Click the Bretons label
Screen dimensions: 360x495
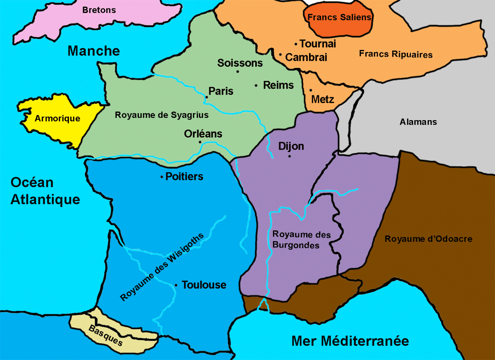[x=99, y=10]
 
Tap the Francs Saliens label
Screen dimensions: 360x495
[x=339, y=17]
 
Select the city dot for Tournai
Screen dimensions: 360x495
[x=296, y=44]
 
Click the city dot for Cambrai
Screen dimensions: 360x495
[x=280, y=55]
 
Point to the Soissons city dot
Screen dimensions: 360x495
[x=238, y=71]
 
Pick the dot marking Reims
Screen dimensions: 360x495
[x=256, y=86]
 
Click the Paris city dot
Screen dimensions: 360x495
[x=207, y=97]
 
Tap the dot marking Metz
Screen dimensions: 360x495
[x=311, y=90]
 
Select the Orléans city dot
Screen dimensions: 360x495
[x=200, y=142]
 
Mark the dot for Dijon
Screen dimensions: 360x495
[x=289, y=156]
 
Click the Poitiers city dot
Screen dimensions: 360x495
[x=161, y=177]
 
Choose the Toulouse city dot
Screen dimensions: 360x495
[x=176, y=285]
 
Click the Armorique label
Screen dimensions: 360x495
[x=57, y=118]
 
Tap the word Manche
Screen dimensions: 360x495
[x=93, y=51]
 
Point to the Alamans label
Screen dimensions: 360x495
[x=418, y=122]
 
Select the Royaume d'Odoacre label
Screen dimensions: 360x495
[x=428, y=239]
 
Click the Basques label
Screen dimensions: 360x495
[x=106, y=335]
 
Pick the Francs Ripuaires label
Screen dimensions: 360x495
[x=396, y=54]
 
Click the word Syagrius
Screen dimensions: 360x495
[x=189, y=115]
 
